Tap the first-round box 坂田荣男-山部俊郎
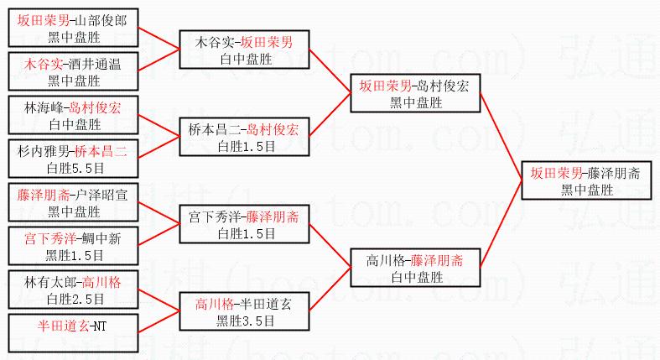(72, 29)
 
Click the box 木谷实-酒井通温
(72, 72)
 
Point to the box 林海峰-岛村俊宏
(72, 116)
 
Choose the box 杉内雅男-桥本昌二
(72, 159)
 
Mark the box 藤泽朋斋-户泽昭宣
(72, 203)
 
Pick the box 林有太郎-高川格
(72, 290)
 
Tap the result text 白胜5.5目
(74, 168)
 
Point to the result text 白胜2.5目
(74, 299)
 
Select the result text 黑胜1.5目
(74, 255)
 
